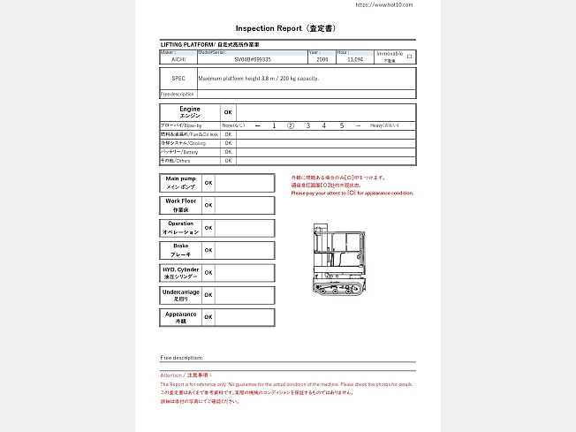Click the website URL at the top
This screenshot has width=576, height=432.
(383, 4)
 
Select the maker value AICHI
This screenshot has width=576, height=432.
(178, 59)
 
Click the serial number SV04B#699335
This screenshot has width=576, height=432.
(253, 59)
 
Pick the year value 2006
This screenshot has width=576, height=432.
(322, 59)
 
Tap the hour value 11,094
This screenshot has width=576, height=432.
(355, 59)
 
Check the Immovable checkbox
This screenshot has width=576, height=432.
(408, 56)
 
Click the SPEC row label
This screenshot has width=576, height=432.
(178, 78)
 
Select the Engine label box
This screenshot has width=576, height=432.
(189, 112)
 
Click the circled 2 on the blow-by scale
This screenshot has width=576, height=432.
(291, 126)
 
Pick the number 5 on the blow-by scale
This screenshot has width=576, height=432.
(341, 126)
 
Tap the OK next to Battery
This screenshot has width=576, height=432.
(228, 152)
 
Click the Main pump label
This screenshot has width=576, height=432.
(180, 182)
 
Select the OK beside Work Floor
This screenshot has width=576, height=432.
(208, 205)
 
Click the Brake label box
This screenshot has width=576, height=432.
(180, 250)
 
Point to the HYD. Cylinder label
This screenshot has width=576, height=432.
(180, 272)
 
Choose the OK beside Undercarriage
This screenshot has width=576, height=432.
(208, 295)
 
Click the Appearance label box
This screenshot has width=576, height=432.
(180, 317)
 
